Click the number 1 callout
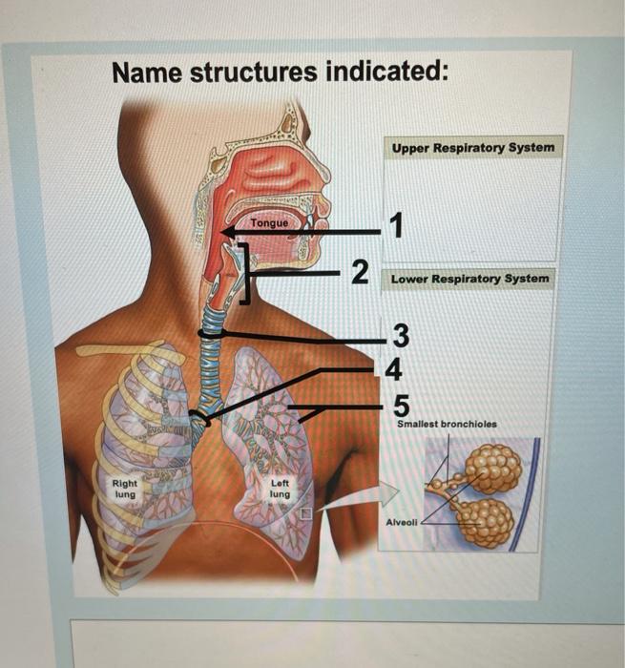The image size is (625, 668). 396,226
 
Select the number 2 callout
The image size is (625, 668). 359,272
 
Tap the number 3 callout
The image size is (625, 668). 400,336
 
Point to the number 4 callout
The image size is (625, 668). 394,367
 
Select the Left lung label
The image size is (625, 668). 281,488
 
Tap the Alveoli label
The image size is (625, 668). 401,522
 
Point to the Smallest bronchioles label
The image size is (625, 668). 447,423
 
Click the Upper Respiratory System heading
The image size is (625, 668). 472,149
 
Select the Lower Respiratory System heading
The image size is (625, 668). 469,279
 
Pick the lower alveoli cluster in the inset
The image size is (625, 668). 484,521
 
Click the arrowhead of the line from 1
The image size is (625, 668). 223,232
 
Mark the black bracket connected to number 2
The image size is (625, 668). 244,273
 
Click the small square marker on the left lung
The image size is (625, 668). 306,512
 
